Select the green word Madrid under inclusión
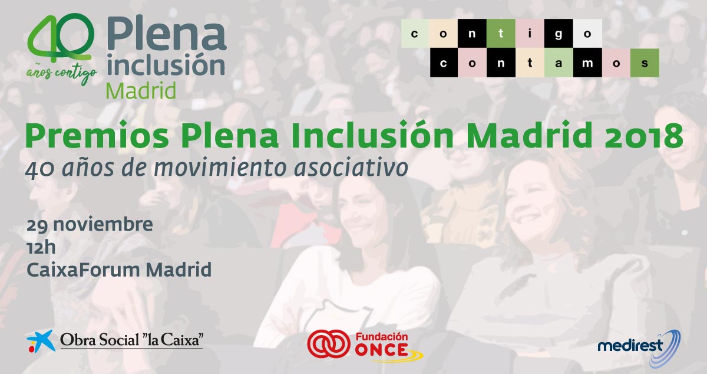[x=141, y=91]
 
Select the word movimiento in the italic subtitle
[x=220, y=168]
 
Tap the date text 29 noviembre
[x=90, y=225]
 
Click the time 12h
[x=41, y=247]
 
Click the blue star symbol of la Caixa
[x=41, y=341]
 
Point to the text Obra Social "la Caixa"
[x=131, y=340]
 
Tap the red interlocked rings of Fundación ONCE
[x=329, y=344]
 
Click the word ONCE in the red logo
[x=382, y=350]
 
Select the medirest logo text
[x=630, y=346]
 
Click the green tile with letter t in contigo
[x=501, y=33]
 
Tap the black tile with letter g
[x=559, y=33]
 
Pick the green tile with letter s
[x=645, y=63]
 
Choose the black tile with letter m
[x=587, y=63]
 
